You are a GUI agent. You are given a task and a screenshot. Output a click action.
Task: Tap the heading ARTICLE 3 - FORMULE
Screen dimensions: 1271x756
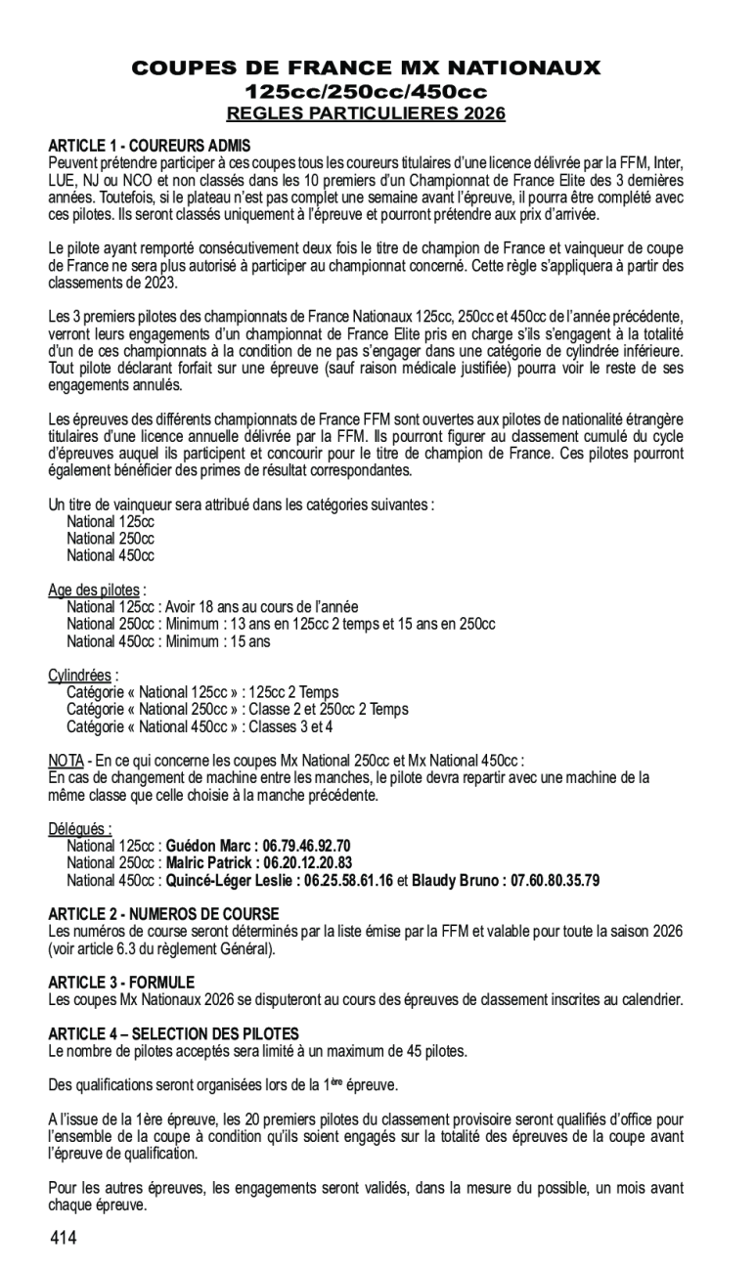(121, 982)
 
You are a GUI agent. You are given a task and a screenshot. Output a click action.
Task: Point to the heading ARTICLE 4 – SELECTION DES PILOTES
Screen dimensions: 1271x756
(174, 1033)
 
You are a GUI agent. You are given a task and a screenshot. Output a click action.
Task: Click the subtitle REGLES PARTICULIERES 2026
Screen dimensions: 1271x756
(366, 113)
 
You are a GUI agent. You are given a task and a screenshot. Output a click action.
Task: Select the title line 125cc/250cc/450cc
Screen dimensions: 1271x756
(366, 91)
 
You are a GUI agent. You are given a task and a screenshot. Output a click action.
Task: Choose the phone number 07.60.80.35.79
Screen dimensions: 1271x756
(549, 880)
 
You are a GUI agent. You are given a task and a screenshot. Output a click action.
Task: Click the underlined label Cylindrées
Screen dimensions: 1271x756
(80, 675)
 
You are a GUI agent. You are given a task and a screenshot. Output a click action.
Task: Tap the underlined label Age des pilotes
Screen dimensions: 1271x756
(94, 590)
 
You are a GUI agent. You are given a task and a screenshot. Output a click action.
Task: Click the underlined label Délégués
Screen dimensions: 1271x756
(79, 829)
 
